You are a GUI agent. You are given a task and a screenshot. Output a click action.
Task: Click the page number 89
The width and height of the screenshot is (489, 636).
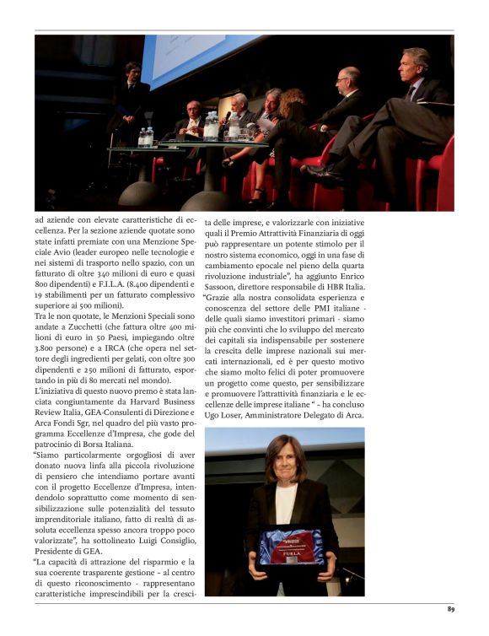pos(451,608)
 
